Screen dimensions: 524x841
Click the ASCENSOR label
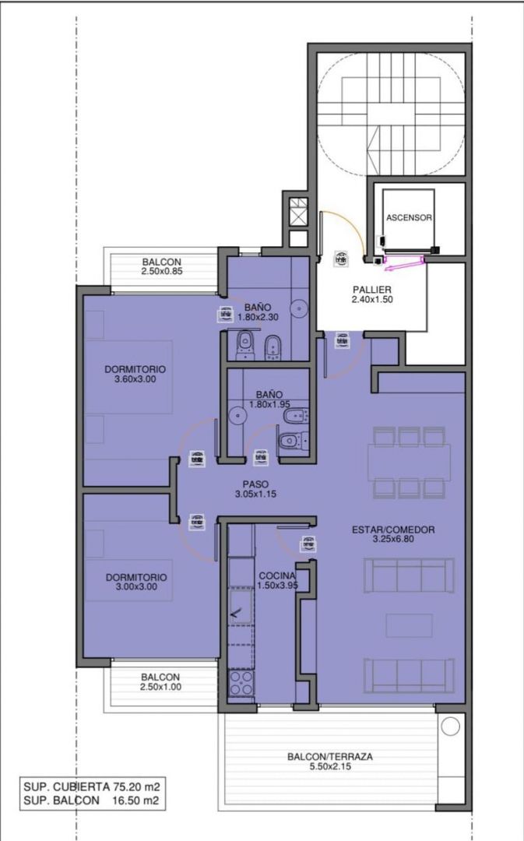coord(409,218)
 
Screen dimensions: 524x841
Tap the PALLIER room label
coord(371,290)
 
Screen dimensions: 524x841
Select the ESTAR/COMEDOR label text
coord(393,530)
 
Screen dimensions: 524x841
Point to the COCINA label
coord(277,576)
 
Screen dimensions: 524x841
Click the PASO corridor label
coord(255,484)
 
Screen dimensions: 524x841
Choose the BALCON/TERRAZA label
coord(330,757)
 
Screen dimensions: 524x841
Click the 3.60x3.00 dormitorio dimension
coord(135,379)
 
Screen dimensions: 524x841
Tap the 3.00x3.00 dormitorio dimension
coord(136,587)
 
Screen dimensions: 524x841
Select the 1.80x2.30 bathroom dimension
coord(258,317)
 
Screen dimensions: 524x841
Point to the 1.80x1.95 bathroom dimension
coord(269,404)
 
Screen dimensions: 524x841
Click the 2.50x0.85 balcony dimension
coord(162,272)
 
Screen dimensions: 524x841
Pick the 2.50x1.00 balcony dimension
coord(161,687)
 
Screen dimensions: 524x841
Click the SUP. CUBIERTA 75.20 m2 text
coord(92,786)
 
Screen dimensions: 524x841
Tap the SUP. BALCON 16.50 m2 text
coord(92,801)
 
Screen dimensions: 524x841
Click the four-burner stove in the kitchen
coord(241,683)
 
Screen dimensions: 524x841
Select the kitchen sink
coord(241,606)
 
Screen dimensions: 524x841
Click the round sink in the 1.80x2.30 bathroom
coord(299,308)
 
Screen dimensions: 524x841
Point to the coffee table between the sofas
coord(410,626)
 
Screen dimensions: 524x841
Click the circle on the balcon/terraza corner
coord(449,727)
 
